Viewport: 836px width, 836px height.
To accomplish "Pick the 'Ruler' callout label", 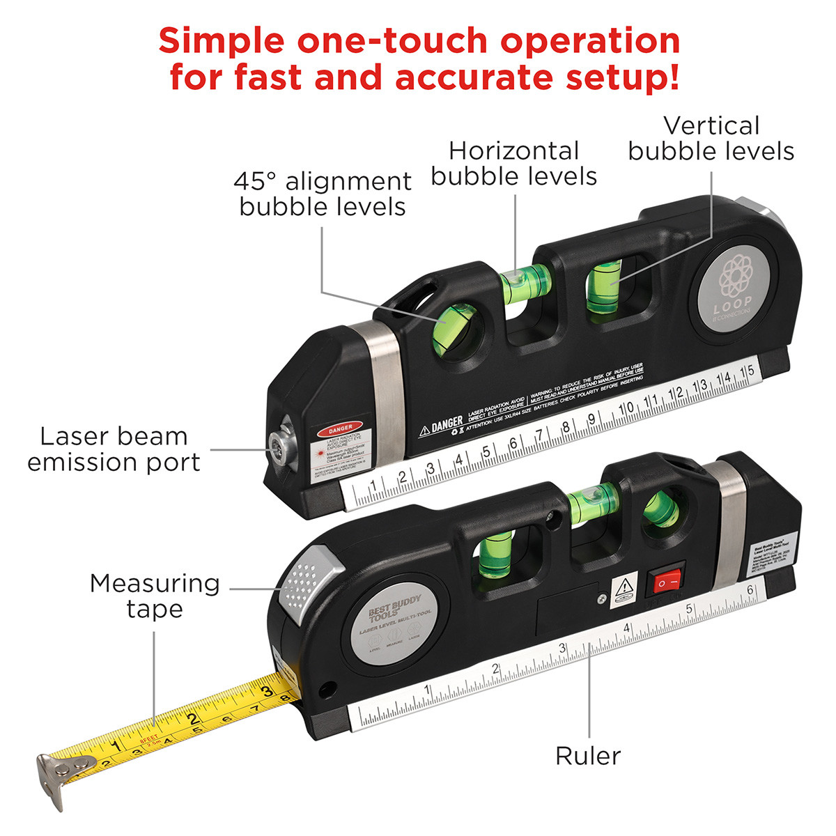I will point(588,756).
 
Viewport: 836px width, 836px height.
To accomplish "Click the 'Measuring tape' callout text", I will point(155,596).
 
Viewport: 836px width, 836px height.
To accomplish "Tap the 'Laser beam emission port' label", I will point(114,449).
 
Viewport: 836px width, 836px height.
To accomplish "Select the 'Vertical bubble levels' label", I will point(711,138).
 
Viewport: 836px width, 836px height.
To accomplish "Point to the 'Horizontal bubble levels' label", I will point(513,163).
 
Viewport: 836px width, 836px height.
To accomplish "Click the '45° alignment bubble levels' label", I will point(323,194).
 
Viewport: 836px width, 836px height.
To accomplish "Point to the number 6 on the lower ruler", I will point(750,590).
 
